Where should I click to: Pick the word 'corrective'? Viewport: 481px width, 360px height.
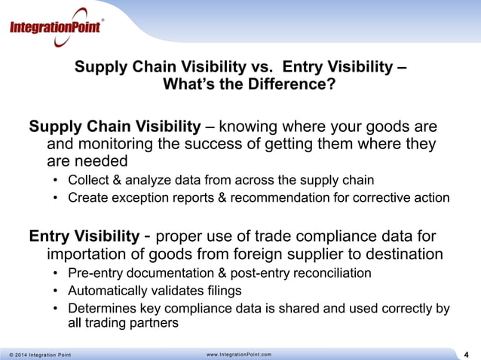click(x=381, y=198)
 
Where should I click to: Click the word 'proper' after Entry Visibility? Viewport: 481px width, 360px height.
click(x=176, y=236)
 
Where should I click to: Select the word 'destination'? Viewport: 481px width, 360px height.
click(x=403, y=255)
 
